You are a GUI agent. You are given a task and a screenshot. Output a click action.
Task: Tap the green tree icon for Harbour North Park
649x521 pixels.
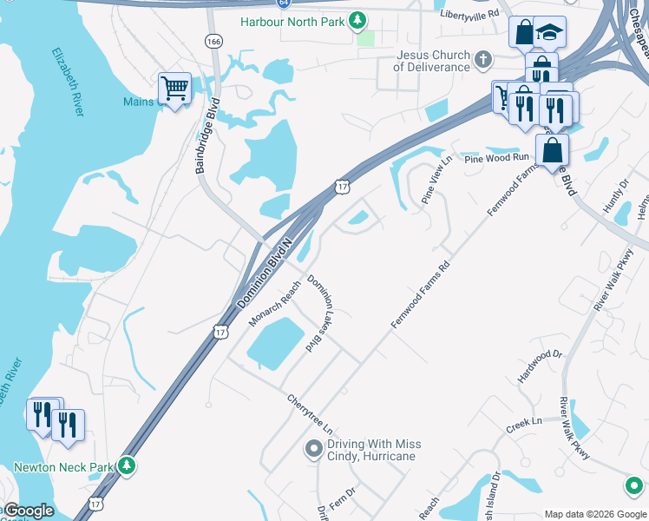[357, 20]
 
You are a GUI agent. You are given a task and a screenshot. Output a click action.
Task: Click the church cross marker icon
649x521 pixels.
[484, 59]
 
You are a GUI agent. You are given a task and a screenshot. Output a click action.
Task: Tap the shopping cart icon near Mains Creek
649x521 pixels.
[174, 88]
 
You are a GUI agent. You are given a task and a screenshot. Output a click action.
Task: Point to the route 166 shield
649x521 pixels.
[213, 41]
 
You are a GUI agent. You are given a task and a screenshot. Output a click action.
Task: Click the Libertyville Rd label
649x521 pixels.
[469, 14]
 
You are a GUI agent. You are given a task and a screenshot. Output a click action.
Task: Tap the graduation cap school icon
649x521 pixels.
[548, 33]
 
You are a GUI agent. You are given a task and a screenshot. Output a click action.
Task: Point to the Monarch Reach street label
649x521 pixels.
[275, 303]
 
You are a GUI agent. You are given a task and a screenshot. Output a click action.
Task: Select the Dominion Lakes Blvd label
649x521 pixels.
[321, 312]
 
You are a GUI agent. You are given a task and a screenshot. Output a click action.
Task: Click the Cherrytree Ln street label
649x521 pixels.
[310, 415]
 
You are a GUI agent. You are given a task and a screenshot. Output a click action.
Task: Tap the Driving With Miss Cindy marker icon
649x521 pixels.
[313, 449]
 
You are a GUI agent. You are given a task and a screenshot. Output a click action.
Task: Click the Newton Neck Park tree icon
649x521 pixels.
[127, 466]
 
